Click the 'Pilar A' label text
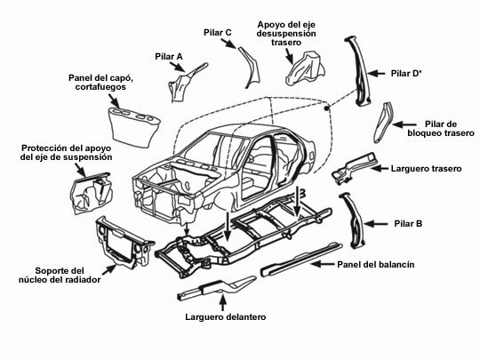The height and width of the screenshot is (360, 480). pos(169,57)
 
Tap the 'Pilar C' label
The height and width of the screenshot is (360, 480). pos(218,33)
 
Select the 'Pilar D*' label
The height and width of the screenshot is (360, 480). pos(406,74)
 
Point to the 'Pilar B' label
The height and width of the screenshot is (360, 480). pos(408,224)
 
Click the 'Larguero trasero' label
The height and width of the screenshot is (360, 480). pos(426,169)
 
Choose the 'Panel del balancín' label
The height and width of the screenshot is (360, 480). pos(376,265)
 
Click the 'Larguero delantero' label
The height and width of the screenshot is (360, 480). pos(225,316)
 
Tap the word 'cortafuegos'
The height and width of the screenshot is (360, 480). pos(100,87)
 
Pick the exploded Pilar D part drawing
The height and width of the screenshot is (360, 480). pos(359,72)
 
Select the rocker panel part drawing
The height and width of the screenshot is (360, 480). pos(301,259)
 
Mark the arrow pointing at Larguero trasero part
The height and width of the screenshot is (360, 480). pos(380,168)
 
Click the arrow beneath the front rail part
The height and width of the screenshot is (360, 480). pos(223,303)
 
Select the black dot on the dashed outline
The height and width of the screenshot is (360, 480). pos(326,108)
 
